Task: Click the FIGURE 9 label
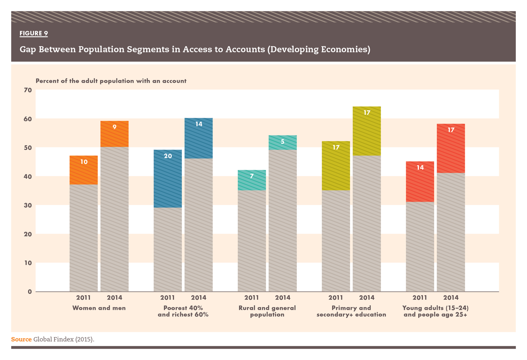34,33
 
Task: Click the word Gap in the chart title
28,50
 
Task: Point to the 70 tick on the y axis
28,90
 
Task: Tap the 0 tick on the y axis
30,292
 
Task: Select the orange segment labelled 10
84,170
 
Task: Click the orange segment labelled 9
114,134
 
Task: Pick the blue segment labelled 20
168,178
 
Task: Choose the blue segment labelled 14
198,138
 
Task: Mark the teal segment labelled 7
252,180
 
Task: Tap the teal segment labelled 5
283,142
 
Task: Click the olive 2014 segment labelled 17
367,131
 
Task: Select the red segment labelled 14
420,182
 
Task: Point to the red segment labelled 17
451,148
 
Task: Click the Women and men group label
99,308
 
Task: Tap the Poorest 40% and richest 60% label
183,311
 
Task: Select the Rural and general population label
267,311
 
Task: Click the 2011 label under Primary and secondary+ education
336,298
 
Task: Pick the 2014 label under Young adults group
451,298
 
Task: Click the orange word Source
21,339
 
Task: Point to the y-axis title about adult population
111,81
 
